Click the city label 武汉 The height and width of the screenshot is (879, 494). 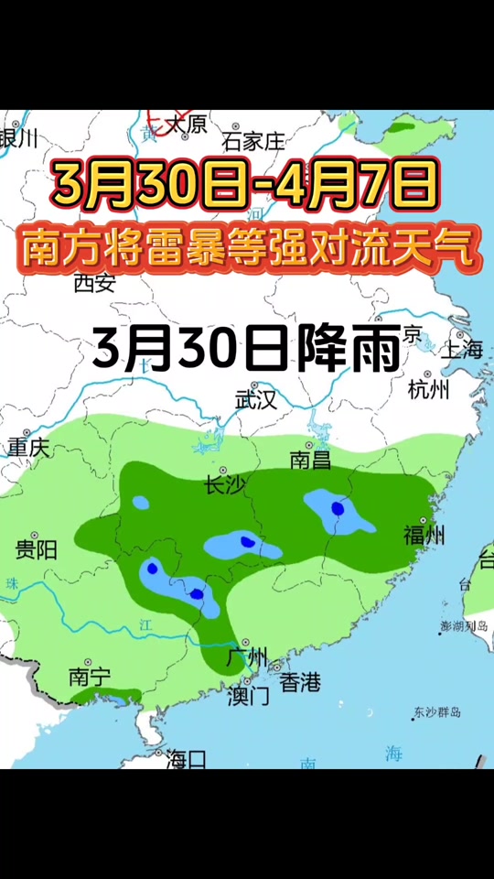coord(256,399)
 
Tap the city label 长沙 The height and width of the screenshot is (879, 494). coord(225,485)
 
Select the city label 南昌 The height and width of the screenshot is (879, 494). coord(310,460)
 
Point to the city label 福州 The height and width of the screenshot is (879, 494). coord(424,535)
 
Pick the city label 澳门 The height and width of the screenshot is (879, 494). coord(248,696)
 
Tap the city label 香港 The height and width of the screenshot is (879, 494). coord(300,682)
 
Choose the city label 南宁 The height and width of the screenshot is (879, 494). coord(90,677)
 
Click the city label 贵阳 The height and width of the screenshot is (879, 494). coord(37,549)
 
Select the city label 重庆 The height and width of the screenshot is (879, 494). coord(29,448)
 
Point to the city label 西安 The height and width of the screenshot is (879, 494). coord(94,283)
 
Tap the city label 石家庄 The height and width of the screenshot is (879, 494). coord(254,142)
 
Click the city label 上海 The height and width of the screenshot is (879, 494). coord(461,349)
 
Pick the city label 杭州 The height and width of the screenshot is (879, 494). coord(430,390)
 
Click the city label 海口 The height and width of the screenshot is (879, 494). coord(187,758)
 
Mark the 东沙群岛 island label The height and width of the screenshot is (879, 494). coord(436,712)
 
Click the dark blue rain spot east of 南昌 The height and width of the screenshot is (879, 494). coord(338,508)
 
